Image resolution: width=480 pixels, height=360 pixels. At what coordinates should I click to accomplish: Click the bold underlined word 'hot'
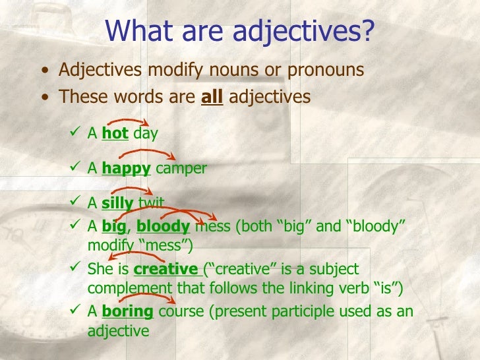[115, 135]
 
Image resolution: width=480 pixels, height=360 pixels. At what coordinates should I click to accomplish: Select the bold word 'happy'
[126, 168]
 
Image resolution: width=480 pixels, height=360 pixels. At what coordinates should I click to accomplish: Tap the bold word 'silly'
[117, 203]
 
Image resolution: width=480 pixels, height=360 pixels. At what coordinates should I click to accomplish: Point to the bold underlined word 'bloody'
[163, 227]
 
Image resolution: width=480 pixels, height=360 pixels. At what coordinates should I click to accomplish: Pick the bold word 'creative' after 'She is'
[165, 269]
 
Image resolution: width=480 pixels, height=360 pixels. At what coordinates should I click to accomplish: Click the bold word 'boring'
[127, 311]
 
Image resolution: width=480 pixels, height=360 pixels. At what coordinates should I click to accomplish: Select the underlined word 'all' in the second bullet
[212, 97]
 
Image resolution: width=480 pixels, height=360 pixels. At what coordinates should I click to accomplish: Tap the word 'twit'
[151, 203]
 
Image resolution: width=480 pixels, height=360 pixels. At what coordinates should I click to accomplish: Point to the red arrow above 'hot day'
[134, 122]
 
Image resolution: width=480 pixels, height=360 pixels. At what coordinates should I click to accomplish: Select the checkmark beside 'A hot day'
[75, 134]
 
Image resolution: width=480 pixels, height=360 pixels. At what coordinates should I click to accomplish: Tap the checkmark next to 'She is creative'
[75, 268]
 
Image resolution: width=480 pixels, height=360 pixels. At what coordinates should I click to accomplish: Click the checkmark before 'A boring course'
[75, 311]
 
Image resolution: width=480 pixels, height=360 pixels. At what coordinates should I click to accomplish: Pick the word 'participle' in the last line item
[303, 311]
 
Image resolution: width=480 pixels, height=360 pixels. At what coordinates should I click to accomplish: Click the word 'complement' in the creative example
[124, 288]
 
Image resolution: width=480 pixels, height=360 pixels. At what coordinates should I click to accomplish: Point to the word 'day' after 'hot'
[145, 135]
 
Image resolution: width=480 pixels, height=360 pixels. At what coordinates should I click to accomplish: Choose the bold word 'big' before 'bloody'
[113, 227]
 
